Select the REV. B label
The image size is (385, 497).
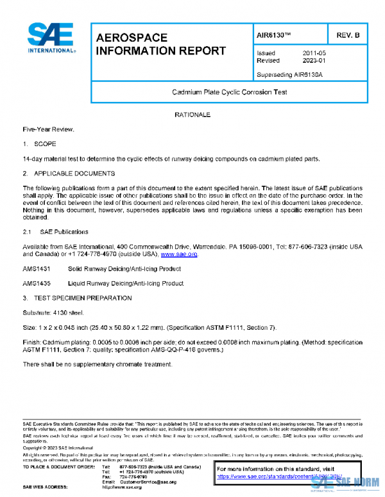coord(348,35)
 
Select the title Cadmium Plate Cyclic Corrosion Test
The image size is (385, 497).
coord(229,92)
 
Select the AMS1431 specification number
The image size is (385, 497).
coord(37,269)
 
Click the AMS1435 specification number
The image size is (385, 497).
coord(37,283)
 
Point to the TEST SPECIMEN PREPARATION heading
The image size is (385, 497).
coord(83,298)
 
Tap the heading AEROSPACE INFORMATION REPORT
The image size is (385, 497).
coord(160,44)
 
